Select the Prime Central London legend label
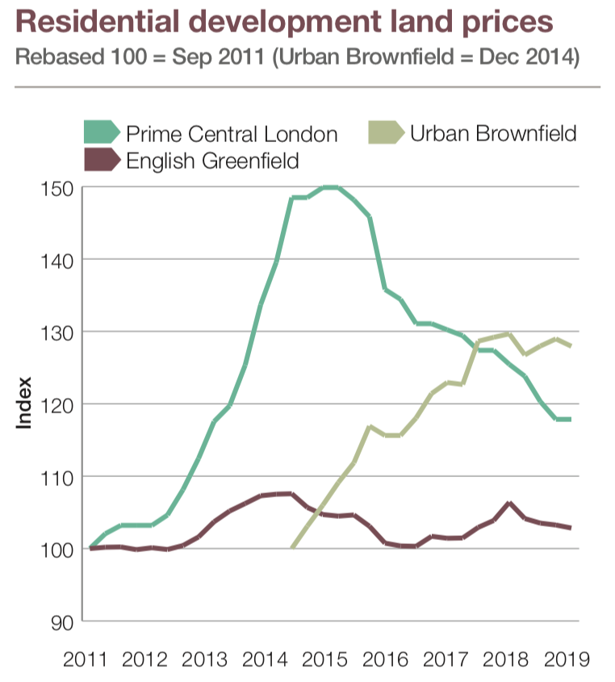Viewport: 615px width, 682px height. (x=232, y=133)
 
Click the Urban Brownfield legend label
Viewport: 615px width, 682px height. (x=493, y=132)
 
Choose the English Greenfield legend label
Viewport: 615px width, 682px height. (x=212, y=160)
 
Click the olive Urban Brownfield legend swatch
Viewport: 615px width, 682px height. (x=387, y=132)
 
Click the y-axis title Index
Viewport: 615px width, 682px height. (x=25, y=403)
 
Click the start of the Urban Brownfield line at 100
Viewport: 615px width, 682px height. (x=291, y=548)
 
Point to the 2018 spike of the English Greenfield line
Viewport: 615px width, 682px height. (x=509, y=503)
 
